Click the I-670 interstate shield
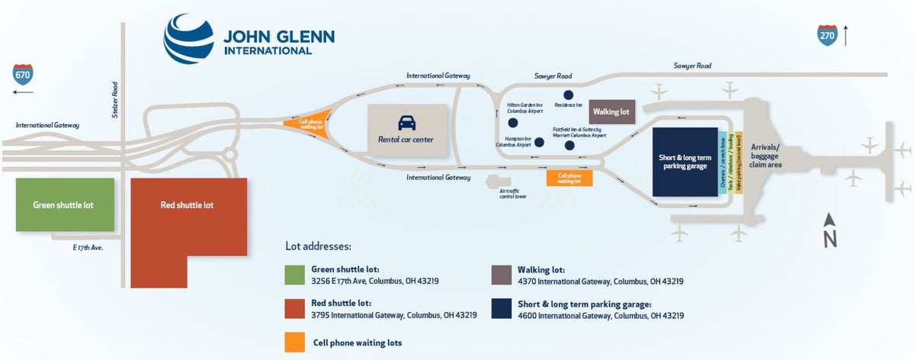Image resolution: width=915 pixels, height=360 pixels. (23, 74)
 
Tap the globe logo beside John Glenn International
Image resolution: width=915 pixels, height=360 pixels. (188, 37)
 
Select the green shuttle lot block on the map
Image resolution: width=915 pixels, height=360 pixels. (65, 205)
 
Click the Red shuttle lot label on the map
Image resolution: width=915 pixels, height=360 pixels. (187, 205)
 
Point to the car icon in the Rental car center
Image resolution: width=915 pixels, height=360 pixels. (407, 122)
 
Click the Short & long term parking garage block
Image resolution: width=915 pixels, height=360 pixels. (685, 162)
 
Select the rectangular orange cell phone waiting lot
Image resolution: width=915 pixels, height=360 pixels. (569, 178)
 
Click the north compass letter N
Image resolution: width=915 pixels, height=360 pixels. (830, 239)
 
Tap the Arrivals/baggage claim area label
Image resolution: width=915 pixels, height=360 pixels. (765, 155)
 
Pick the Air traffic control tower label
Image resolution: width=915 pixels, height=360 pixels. (512, 193)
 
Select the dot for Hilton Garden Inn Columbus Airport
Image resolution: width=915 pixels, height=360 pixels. (512, 122)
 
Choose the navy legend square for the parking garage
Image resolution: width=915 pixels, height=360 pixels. (501, 307)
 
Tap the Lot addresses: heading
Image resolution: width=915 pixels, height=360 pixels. (318, 247)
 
